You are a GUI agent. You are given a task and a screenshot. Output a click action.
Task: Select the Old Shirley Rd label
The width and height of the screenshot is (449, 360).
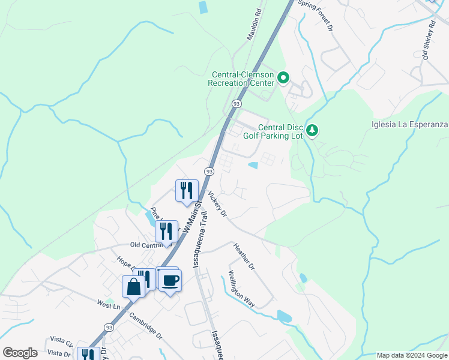tap(429, 38)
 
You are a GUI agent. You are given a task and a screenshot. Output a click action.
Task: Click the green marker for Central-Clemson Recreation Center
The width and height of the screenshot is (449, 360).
tap(284, 77)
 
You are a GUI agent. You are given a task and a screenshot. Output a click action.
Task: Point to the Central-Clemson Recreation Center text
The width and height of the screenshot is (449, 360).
tap(242, 78)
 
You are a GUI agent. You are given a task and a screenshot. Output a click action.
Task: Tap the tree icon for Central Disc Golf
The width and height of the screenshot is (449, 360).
tap(312, 130)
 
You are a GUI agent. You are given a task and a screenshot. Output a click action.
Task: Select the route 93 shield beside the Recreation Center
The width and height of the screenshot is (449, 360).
tap(237, 104)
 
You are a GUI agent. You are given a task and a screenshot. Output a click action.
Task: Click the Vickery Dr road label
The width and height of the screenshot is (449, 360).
tap(216, 205)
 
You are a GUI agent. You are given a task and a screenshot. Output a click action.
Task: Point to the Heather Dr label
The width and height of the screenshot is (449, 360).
tap(244, 256)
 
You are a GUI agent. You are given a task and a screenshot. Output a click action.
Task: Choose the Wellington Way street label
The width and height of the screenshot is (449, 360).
tap(242, 289)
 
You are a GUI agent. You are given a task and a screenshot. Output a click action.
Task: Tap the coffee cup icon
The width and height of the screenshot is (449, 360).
tap(170, 280)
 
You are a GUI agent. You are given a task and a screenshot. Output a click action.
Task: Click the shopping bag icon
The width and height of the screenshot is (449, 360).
tap(133, 286)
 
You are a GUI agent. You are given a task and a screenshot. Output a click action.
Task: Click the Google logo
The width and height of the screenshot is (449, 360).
tap(20, 353)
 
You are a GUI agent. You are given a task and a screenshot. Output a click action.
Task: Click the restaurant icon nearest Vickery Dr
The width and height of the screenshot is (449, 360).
tap(187, 190)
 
